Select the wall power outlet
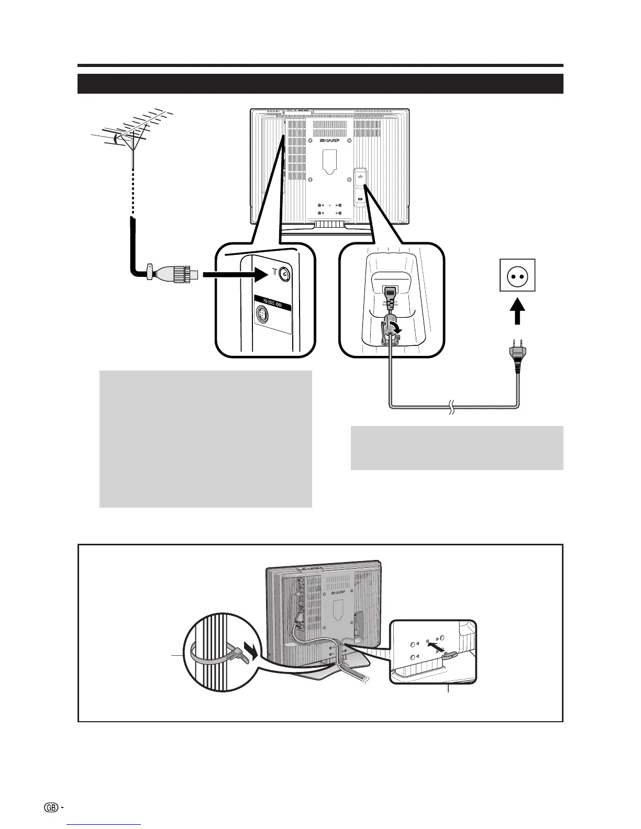point(517,276)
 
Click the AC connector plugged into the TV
point(390,296)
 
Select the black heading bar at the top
point(320,83)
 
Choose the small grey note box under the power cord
point(457,447)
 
